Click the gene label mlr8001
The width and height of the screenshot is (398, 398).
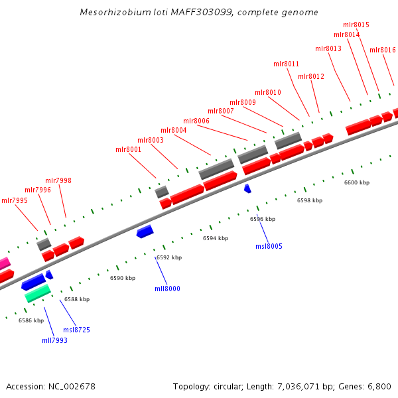pyautogui.click(x=129, y=149)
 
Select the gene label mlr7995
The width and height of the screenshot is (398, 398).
pyautogui.click(x=15, y=200)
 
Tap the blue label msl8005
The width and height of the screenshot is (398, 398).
pyautogui.click(x=269, y=246)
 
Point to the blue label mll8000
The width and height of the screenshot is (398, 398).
pyautogui.click(x=167, y=289)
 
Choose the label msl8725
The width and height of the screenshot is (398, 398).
pyautogui.click(x=76, y=330)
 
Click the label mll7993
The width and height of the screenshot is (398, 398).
pyautogui.click(x=54, y=340)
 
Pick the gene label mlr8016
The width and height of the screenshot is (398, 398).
pyautogui.click(x=383, y=50)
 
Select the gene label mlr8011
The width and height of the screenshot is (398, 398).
pyautogui.click(x=287, y=64)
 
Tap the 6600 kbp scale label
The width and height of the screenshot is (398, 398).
pyautogui.click(x=357, y=182)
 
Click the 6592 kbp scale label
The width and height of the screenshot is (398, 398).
pyautogui.click(x=168, y=257)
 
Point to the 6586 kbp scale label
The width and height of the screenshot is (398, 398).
pyautogui.click(x=31, y=320)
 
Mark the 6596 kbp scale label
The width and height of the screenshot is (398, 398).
pyautogui.click(x=263, y=218)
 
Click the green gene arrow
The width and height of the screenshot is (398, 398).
pyautogui.click(x=38, y=293)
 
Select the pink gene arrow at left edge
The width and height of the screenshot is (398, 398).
pyautogui.click(x=4, y=263)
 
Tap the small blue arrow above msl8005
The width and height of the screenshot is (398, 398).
pyautogui.click(x=247, y=189)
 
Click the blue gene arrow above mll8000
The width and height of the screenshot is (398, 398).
pyautogui.click(x=145, y=231)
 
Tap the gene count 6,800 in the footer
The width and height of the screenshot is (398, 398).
pyautogui.click(x=378, y=386)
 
